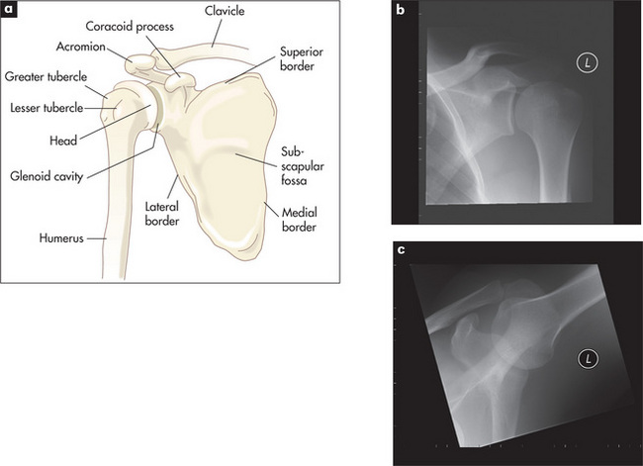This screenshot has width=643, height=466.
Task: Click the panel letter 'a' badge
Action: [9, 10]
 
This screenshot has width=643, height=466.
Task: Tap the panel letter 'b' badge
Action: [400, 10]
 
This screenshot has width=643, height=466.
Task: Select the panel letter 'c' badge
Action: [400, 249]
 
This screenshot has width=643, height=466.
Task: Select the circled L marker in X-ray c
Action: [592, 358]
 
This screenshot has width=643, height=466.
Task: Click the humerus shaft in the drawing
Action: [118, 218]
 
